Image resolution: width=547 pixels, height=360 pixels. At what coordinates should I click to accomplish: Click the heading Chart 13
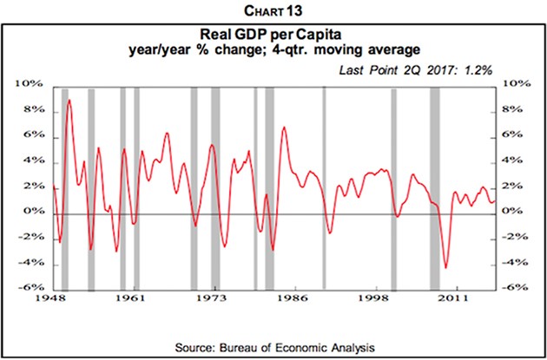coord(274,10)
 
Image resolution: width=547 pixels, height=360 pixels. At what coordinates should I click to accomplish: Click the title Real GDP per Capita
coord(274,38)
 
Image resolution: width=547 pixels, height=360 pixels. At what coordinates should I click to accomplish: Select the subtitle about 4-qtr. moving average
coord(274,53)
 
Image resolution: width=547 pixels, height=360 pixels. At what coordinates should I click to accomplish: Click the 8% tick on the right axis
coord(513,110)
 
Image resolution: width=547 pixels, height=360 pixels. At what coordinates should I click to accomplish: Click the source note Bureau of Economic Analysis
coord(274,347)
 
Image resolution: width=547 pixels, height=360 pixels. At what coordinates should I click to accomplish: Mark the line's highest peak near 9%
coord(69,101)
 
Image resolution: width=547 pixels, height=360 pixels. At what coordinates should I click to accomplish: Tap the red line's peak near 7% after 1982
coord(283,128)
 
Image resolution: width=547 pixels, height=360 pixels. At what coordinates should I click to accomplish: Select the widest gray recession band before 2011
coord(435,187)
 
